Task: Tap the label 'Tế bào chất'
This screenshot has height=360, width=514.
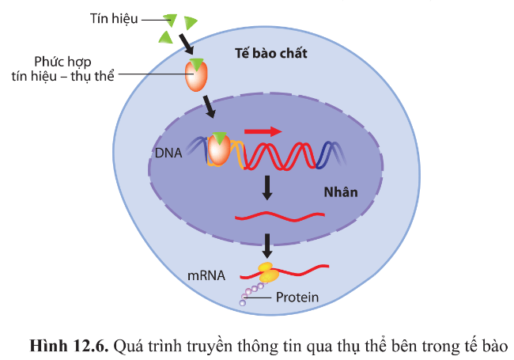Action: coord(271,54)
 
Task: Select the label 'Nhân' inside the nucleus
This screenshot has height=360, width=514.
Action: coord(341,192)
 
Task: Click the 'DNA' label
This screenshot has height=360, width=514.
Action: coord(168,153)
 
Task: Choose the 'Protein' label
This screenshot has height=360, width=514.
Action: coord(298,298)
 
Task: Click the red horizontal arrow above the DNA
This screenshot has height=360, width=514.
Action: coord(263,131)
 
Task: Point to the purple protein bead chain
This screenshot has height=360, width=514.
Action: coord(252,294)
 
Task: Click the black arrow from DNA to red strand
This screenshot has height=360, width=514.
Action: coord(267,188)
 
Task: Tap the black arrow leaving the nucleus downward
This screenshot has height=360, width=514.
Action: coord(267,242)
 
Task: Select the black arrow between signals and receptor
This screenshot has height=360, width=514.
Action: coord(185,41)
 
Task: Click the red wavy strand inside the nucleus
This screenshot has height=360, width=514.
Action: coord(279,216)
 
